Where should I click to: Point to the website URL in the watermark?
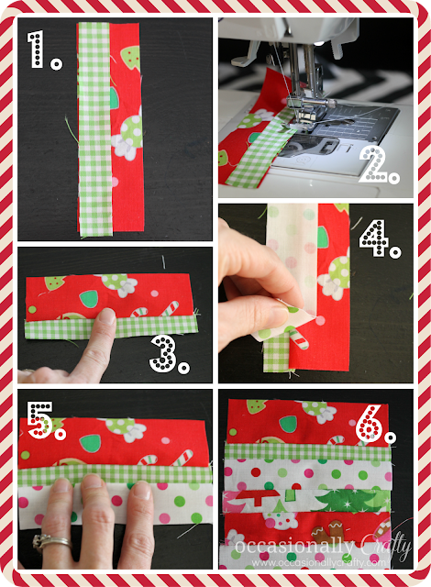(318, 562)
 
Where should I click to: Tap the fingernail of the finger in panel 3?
(107, 316)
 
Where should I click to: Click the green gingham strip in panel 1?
(94, 129)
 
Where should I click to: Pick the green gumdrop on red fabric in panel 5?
(90, 443)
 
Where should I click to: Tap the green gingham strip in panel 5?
(115, 475)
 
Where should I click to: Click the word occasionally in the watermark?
(293, 547)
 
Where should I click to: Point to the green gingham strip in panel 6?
(307, 452)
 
